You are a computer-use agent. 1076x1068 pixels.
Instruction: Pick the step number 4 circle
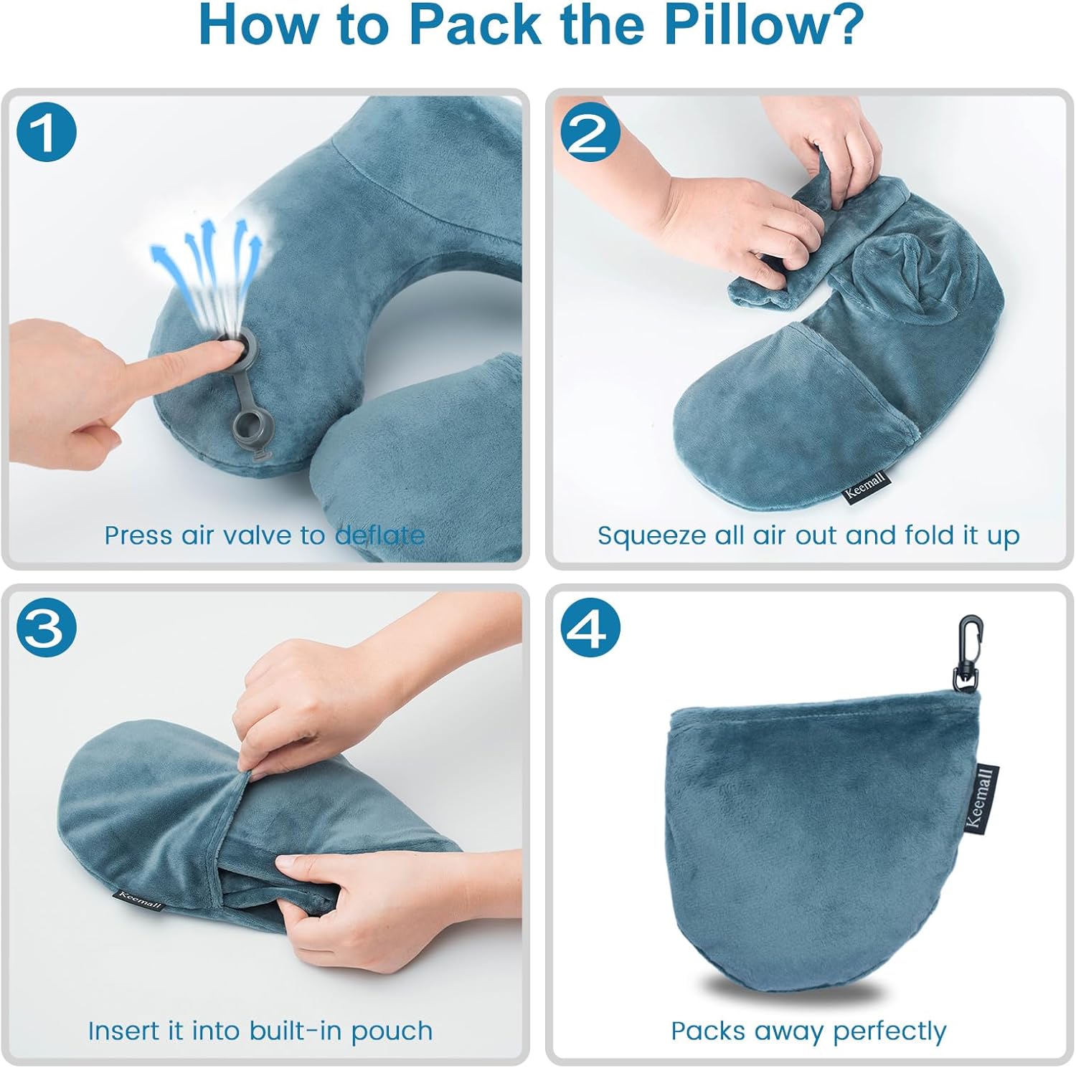(x=590, y=629)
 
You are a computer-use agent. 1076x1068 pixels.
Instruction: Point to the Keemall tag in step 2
(x=865, y=488)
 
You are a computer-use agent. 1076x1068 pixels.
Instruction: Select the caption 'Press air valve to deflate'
(x=264, y=535)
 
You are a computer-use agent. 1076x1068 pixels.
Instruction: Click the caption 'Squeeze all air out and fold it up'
(x=808, y=535)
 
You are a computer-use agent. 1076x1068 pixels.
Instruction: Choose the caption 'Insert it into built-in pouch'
(x=260, y=1031)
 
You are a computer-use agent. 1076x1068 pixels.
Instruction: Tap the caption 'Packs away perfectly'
(x=808, y=1031)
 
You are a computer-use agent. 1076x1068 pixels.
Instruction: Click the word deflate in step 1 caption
(x=380, y=535)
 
